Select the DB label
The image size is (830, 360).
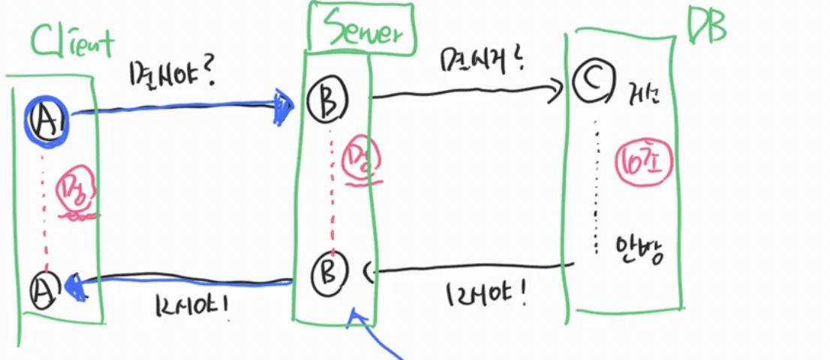point(708,28)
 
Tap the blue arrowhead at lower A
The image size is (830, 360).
point(75,286)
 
